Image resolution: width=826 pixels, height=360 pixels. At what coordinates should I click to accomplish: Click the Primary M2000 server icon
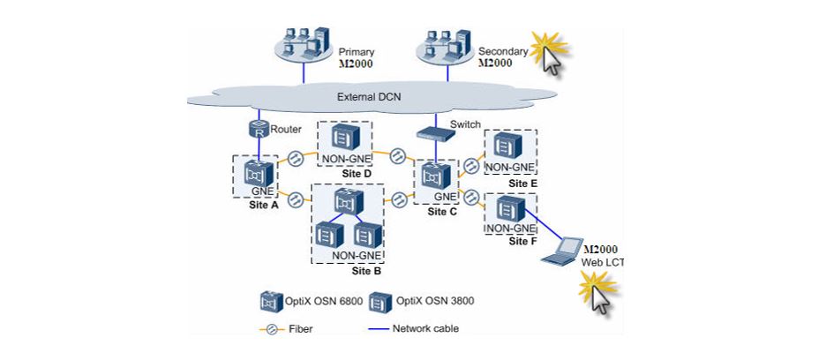coord(302,48)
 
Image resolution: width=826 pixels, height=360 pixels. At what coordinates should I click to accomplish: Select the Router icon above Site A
coord(256,129)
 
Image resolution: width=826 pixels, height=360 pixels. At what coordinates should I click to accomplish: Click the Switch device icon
coord(434,134)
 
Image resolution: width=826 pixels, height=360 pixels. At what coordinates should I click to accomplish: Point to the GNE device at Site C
coord(436,176)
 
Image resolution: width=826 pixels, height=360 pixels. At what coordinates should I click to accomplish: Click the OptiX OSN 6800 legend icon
coord(270,302)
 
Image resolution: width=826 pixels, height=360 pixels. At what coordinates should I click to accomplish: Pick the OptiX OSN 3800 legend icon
coord(380,302)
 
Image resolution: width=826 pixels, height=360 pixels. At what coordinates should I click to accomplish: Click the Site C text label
coord(442,213)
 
